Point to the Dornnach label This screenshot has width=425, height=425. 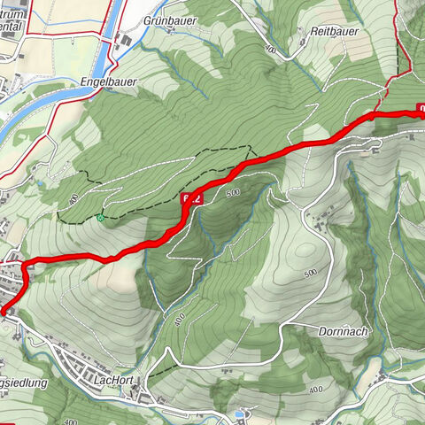pyautogui.click(x=340, y=331)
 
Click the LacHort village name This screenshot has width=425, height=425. pyautogui.click(x=113, y=379)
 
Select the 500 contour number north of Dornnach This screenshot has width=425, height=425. pyautogui.click(x=310, y=273)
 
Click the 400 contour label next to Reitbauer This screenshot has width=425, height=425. pyautogui.click(x=269, y=52)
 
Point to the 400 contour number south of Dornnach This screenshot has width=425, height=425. pyautogui.click(x=315, y=390)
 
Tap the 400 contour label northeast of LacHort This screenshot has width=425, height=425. pyautogui.click(x=181, y=318)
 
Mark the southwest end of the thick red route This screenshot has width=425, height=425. pyautogui.click(x=3, y=311)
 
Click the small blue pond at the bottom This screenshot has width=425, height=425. pyautogui.click(x=238, y=414)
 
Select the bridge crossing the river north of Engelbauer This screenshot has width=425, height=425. pyautogui.click(x=112, y=37)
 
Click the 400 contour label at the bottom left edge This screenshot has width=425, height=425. pyautogui.click(x=72, y=422)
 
